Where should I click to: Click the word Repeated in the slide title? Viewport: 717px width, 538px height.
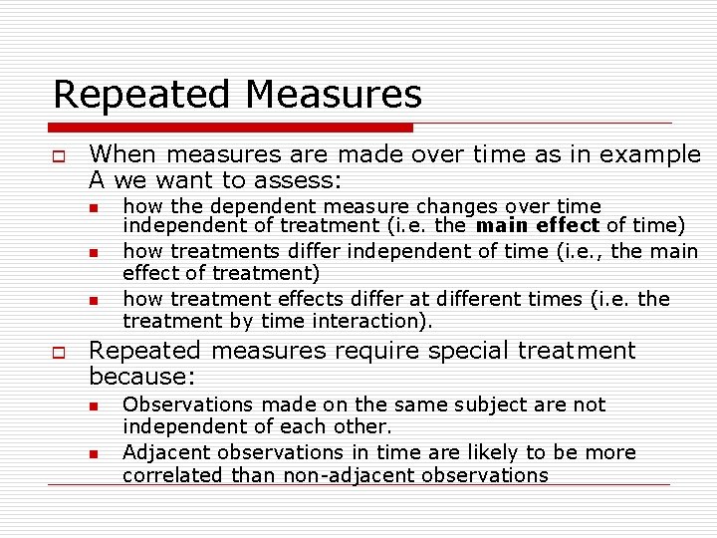pos(143,95)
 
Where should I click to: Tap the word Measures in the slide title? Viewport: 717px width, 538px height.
pos(334,95)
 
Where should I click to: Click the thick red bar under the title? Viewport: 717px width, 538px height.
pos(230,128)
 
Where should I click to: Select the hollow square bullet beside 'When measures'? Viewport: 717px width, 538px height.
pos(60,155)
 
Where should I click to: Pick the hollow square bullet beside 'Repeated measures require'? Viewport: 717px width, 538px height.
pos(60,351)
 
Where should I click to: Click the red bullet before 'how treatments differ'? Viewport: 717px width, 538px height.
pos(91,252)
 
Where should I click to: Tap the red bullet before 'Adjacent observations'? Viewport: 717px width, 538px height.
pos(91,453)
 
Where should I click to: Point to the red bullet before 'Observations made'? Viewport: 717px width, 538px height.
pos(91,405)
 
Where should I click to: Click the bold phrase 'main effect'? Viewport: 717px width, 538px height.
pos(538,225)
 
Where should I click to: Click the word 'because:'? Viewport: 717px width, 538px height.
pos(142,377)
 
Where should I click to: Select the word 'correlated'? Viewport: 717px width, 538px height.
pos(173,475)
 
